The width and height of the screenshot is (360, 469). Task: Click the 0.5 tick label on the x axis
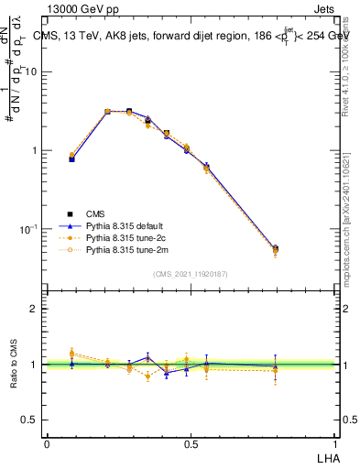tap(191, 444)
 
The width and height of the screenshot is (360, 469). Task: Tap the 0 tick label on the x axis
tap(47, 444)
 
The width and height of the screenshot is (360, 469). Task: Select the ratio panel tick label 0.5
tap(30, 420)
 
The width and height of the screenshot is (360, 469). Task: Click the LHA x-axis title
tap(324, 457)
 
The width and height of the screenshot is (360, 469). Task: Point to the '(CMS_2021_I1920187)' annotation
tap(191, 273)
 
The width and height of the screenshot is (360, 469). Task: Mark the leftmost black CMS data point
tap(72, 158)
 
